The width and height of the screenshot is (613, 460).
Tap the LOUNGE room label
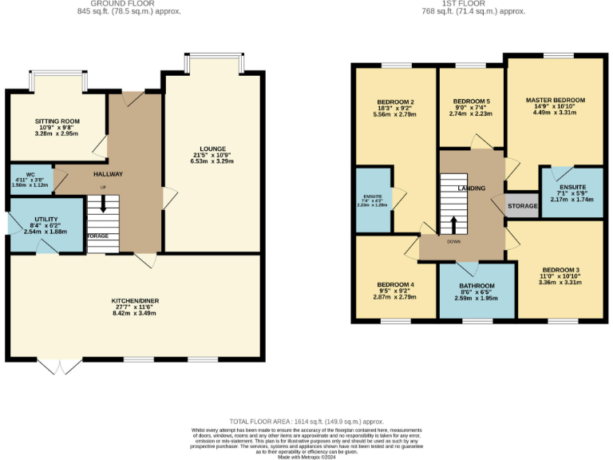point(213,149)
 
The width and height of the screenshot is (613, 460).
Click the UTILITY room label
point(45,218)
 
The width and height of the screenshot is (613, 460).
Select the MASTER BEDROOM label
point(555,101)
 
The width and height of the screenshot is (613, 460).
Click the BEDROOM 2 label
point(394,102)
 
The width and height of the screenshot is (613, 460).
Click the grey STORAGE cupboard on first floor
point(523,206)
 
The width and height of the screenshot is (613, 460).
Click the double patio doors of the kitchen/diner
point(60,366)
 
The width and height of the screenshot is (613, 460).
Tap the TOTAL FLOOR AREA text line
point(306,421)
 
